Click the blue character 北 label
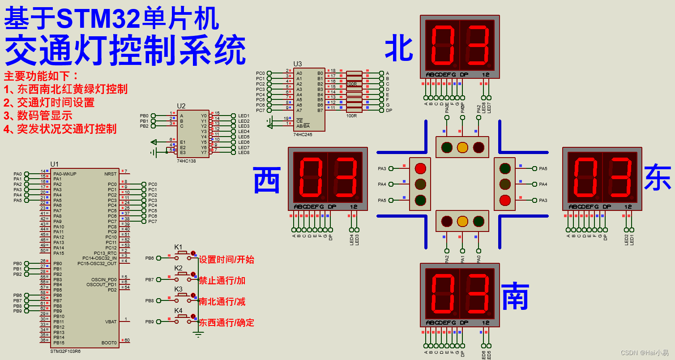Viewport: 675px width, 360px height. [399, 49]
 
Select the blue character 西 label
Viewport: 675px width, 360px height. [267, 180]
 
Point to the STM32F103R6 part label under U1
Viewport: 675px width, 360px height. [65, 351]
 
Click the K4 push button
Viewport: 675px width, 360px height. [182, 317]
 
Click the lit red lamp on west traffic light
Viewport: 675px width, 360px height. [420, 168]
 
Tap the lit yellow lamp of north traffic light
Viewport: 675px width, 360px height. [462, 147]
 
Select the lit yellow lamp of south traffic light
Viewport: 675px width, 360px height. [462, 221]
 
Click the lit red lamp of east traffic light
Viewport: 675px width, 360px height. [505, 200]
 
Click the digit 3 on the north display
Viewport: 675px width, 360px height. [477, 45]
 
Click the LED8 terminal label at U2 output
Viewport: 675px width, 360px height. [244, 153]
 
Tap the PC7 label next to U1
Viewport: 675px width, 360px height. [153, 222]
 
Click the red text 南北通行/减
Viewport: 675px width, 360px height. [222, 301]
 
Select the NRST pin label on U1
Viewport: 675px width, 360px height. [110, 174]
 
